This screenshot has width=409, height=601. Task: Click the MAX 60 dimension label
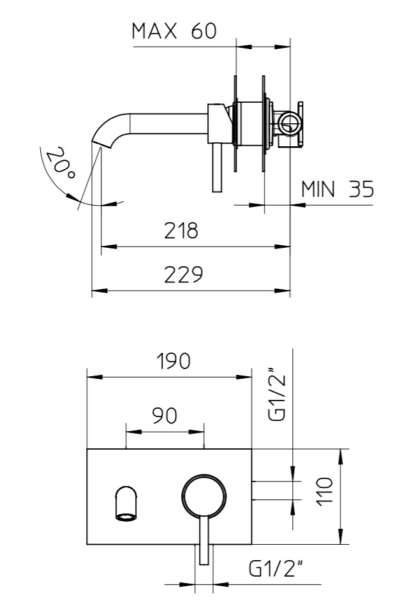[174, 31]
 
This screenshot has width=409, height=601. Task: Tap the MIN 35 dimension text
[338, 189]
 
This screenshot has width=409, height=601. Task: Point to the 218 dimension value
[181, 231]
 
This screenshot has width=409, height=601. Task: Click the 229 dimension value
[183, 275]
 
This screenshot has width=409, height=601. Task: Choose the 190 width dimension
[174, 361]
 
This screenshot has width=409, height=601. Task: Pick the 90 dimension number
[165, 416]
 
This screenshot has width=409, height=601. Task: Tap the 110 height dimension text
[325, 492]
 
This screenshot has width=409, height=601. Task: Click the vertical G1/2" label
[278, 395]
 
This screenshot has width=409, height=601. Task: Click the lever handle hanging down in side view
[217, 167]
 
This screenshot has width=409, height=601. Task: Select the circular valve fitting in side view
[288, 123]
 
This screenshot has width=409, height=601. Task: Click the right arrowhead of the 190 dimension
[244, 377]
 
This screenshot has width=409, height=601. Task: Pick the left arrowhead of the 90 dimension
[133, 432]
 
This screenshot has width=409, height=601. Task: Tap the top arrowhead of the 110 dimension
[341, 456]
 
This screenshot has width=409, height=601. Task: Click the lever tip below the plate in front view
[204, 559]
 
